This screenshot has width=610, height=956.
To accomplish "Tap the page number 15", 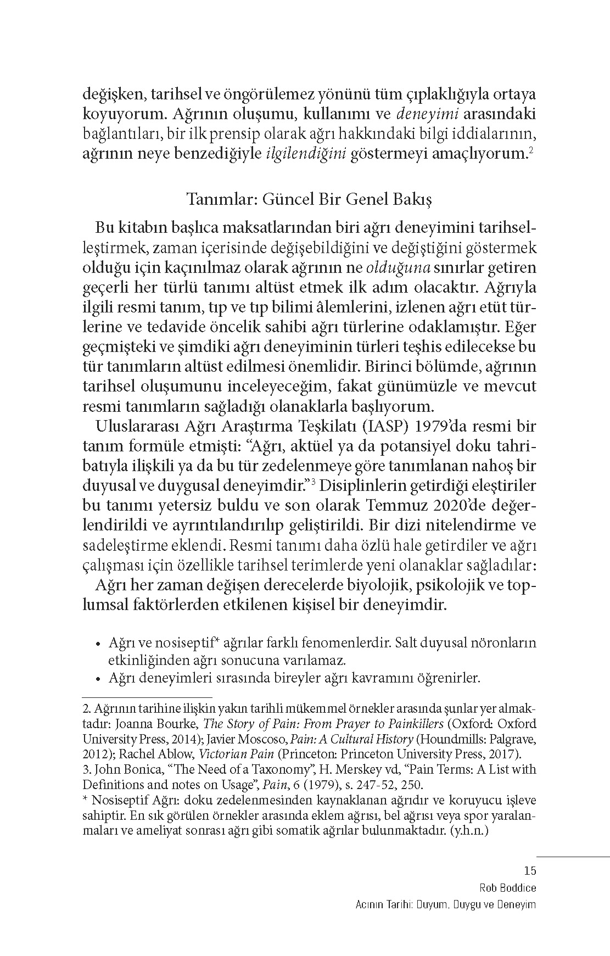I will click(x=530, y=870).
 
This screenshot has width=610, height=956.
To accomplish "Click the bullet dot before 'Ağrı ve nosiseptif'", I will click(x=98, y=643).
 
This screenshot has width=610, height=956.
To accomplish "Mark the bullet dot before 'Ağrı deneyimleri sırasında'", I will click(x=98, y=679).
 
